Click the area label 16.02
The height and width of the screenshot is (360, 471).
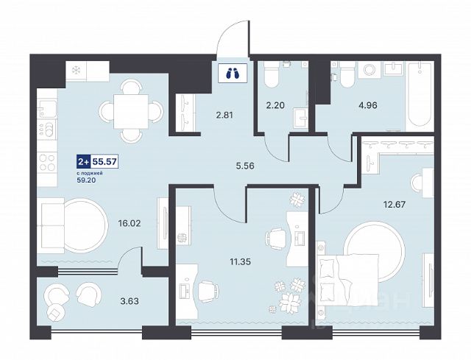(130, 223)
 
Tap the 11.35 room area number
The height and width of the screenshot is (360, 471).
(241, 262)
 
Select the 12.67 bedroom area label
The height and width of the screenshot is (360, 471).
(394, 205)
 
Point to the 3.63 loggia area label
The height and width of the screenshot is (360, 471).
(130, 301)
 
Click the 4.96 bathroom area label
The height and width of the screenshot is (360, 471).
(368, 105)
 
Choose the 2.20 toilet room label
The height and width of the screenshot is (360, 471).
(275, 105)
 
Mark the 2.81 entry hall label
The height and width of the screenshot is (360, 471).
(224, 115)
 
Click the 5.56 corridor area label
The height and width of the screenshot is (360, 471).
(245, 166)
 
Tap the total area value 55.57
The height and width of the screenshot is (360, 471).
(104, 162)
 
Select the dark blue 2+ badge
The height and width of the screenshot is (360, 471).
(83, 162)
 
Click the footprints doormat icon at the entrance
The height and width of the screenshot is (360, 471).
(233, 74)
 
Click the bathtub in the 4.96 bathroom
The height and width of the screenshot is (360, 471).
(419, 96)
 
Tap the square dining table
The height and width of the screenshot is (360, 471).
(131, 111)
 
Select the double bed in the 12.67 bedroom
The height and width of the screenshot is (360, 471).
(347, 280)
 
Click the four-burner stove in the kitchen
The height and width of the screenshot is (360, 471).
(47, 162)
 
